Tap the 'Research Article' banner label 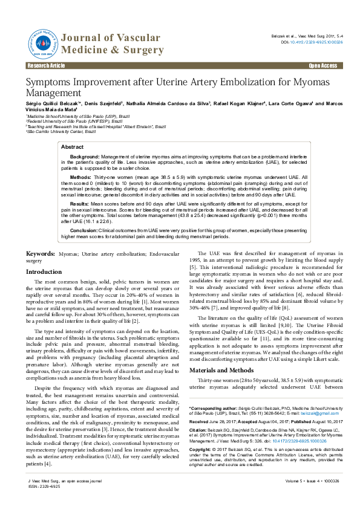click(44, 65)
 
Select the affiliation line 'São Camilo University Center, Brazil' click(56, 131)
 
